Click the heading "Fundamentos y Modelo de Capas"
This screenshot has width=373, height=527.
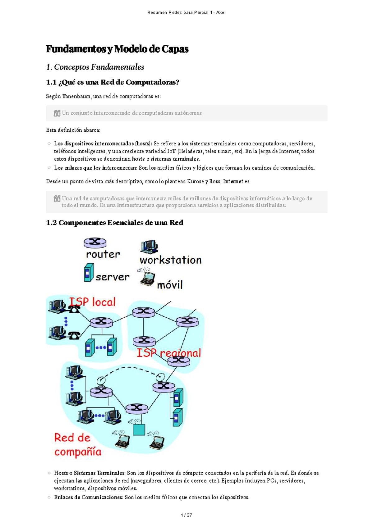(117, 49)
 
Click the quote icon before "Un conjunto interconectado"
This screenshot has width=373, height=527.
(57, 113)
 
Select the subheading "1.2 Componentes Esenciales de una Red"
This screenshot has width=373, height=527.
(115, 223)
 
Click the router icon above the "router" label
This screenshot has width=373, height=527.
(95, 243)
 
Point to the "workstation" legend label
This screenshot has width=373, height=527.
(170, 260)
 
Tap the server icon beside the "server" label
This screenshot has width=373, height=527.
(89, 272)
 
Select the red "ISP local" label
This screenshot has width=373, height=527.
(92, 302)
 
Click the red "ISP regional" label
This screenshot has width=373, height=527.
(169, 353)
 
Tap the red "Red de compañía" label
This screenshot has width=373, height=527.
(77, 445)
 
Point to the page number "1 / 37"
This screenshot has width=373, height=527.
(186, 515)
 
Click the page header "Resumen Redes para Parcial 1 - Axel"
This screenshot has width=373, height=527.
(186, 12)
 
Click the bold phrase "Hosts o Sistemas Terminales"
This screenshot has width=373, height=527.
(90, 473)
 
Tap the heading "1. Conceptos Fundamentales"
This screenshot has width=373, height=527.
(95, 67)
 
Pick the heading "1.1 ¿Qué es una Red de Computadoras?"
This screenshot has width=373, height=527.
(113, 82)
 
